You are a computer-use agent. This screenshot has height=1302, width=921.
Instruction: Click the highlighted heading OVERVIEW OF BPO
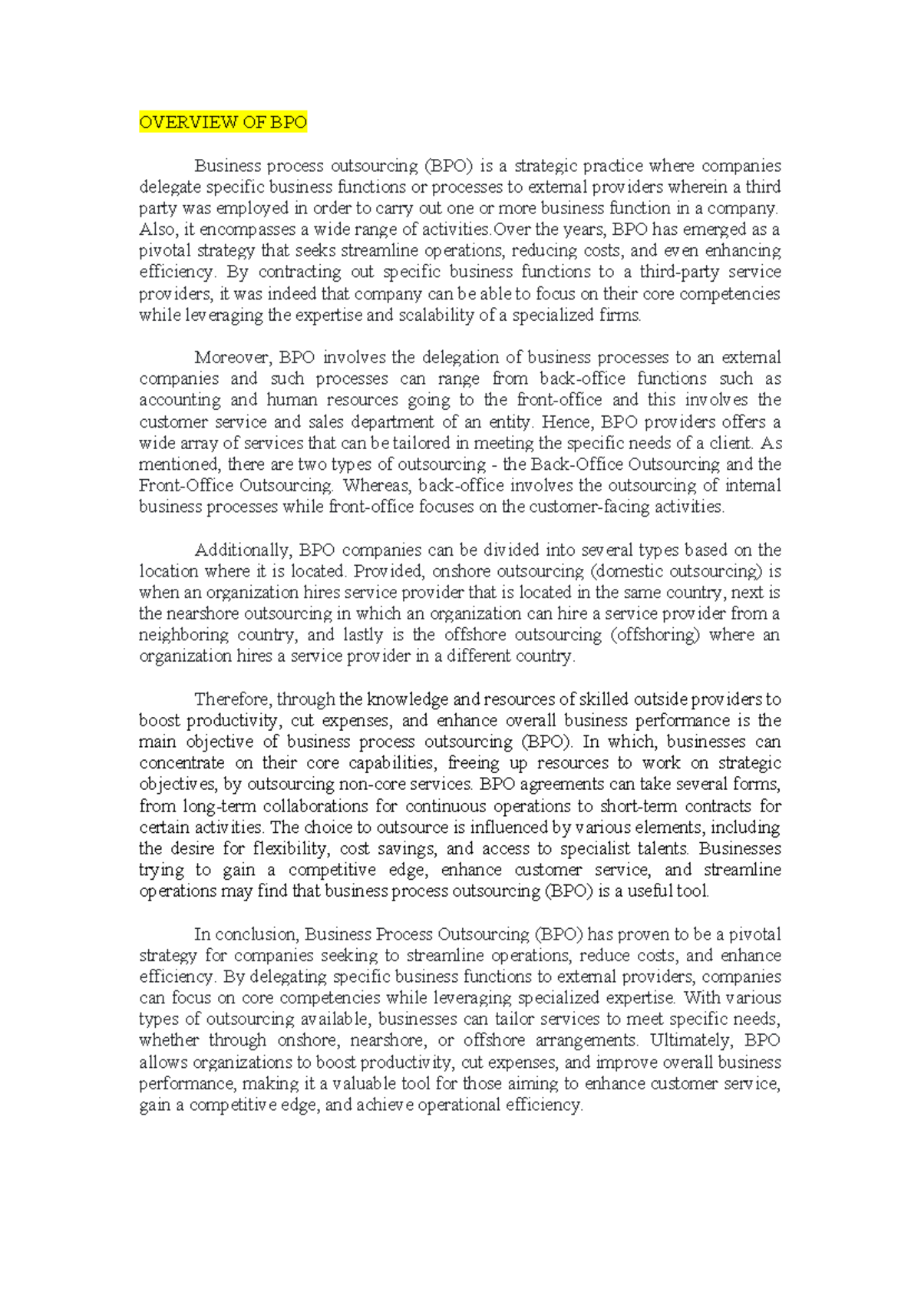tap(223, 123)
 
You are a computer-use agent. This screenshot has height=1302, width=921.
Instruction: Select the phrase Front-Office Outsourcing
tap(236, 486)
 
